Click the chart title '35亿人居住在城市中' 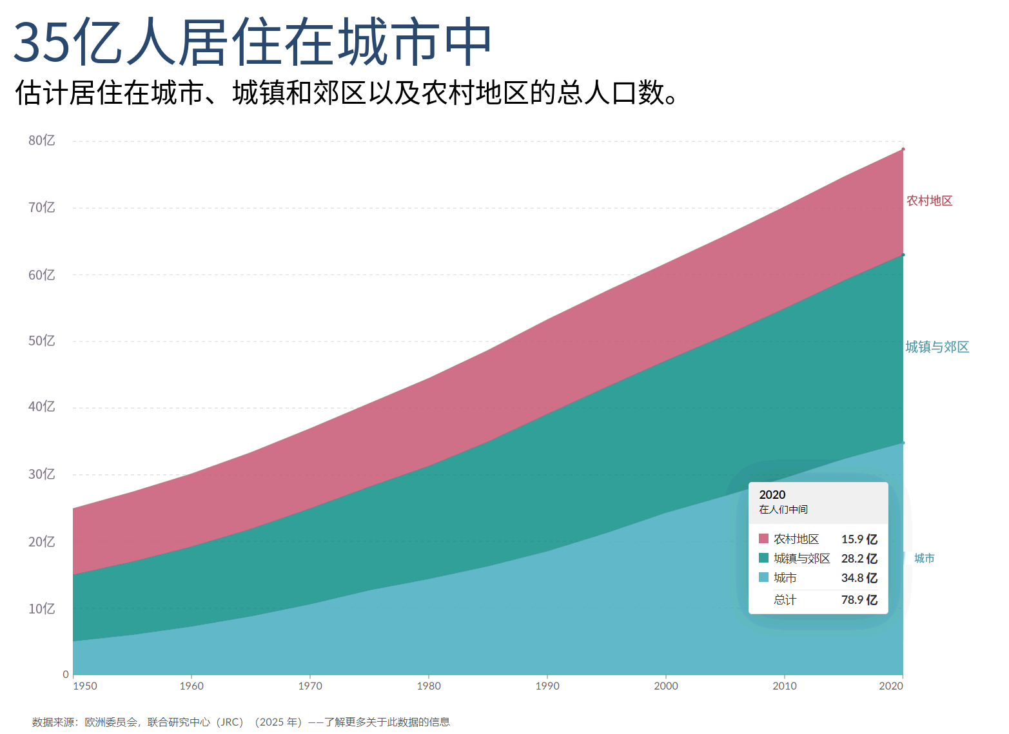252,41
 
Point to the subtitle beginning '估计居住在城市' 346,93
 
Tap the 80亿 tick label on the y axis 41,140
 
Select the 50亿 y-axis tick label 41,341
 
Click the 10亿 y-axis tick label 41,609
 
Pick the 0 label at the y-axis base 66,675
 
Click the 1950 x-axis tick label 85,686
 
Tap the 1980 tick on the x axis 429,686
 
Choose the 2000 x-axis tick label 666,686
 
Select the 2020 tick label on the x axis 891,686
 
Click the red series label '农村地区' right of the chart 929,201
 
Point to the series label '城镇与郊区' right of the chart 937,347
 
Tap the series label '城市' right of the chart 925,558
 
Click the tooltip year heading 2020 772,495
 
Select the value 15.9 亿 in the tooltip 859,539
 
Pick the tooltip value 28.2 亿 859,558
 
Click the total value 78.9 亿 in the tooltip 859,600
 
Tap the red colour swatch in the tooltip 763,539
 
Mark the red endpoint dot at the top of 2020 903,149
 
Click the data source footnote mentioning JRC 241,722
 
